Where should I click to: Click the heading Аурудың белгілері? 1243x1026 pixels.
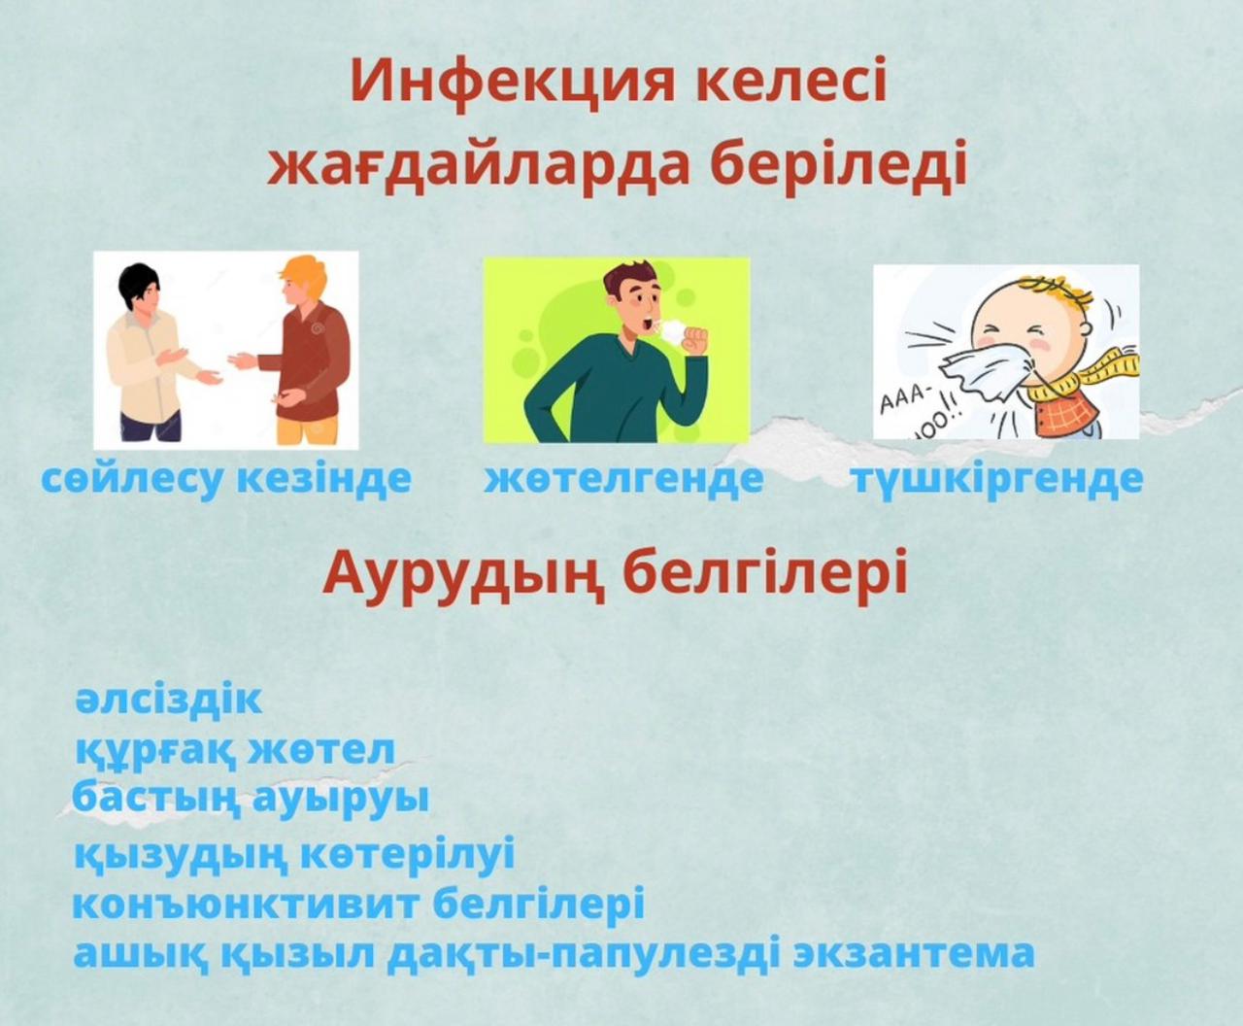[615, 575]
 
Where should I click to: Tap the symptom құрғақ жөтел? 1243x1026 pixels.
[235, 751]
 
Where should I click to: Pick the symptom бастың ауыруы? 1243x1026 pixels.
[251, 799]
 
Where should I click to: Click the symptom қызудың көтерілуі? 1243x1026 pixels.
[294, 856]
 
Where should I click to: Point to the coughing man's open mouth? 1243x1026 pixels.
[649, 325]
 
